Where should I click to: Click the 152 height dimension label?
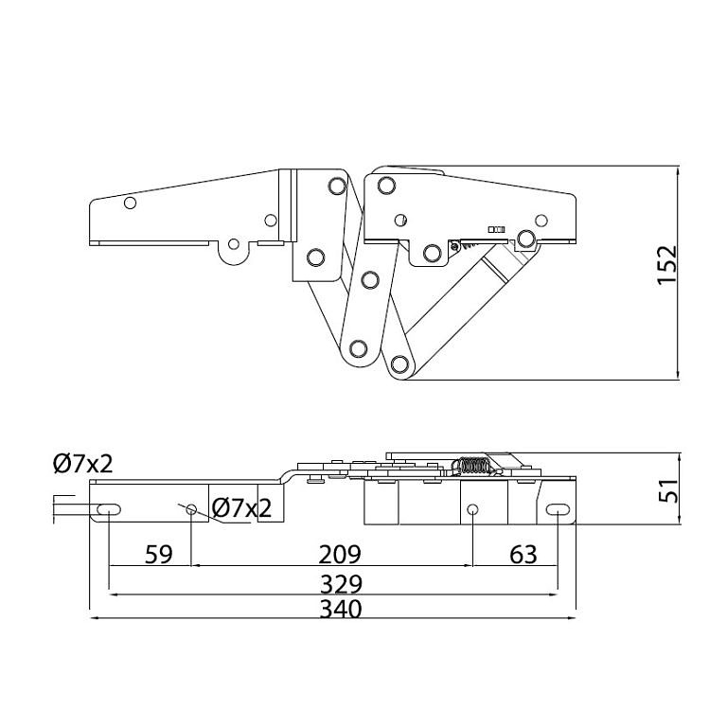pyautogui.click(x=667, y=265)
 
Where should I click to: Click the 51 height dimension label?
pyautogui.click(x=668, y=490)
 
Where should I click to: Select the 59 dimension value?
pyautogui.click(x=159, y=554)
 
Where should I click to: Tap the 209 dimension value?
pyautogui.click(x=340, y=554)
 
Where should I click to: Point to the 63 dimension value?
pyautogui.click(x=523, y=554)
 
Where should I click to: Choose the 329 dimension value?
pyautogui.click(x=341, y=585)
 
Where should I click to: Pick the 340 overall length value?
pyautogui.click(x=341, y=610)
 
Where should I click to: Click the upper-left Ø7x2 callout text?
pyautogui.click(x=83, y=464)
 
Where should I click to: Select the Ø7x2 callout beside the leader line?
pyautogui.click(x=241, y=508)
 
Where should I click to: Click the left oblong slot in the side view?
pyautogui.click(x=109, y=509)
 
